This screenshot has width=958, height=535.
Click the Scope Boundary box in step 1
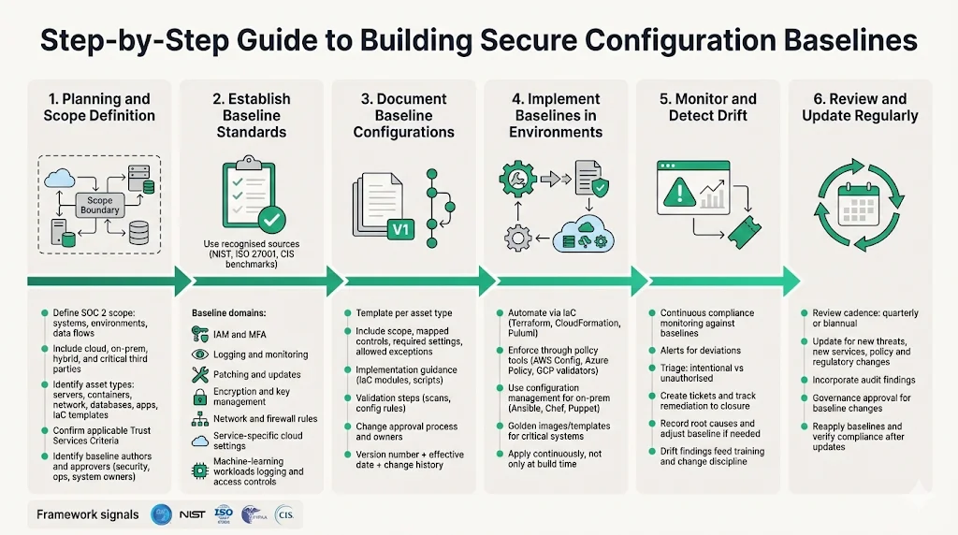pyautogui.click(x=99, y=205)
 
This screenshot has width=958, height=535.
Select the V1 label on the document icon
pyautogui.click(x=399, y=229)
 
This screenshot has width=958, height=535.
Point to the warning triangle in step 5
pyautogui.click(x=675, y=194)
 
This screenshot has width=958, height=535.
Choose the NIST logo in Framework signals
pyautogui.click(x=193, y=514)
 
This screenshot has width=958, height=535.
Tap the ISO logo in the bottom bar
pyautogui.click(x=225, y=514)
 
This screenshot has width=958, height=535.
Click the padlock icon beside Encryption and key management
pyautogui.click(x=199, y=397)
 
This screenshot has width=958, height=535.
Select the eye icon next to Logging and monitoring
pyautogui.click(x=199, y=354)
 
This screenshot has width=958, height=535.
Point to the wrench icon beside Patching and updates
pyautogui.click(x=199, y=375)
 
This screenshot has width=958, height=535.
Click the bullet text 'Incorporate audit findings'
pyautogui.click(x=857, y=380)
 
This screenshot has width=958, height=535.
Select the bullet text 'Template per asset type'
pyautogui.click(x=404, y=312)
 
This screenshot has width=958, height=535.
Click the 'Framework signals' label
pyautogui.click(x=88, y=514)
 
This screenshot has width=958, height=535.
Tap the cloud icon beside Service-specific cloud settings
pyautogui.click(x=199, y=441)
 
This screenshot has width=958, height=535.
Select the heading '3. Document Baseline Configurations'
pyautogui.click(x=403, y=115)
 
